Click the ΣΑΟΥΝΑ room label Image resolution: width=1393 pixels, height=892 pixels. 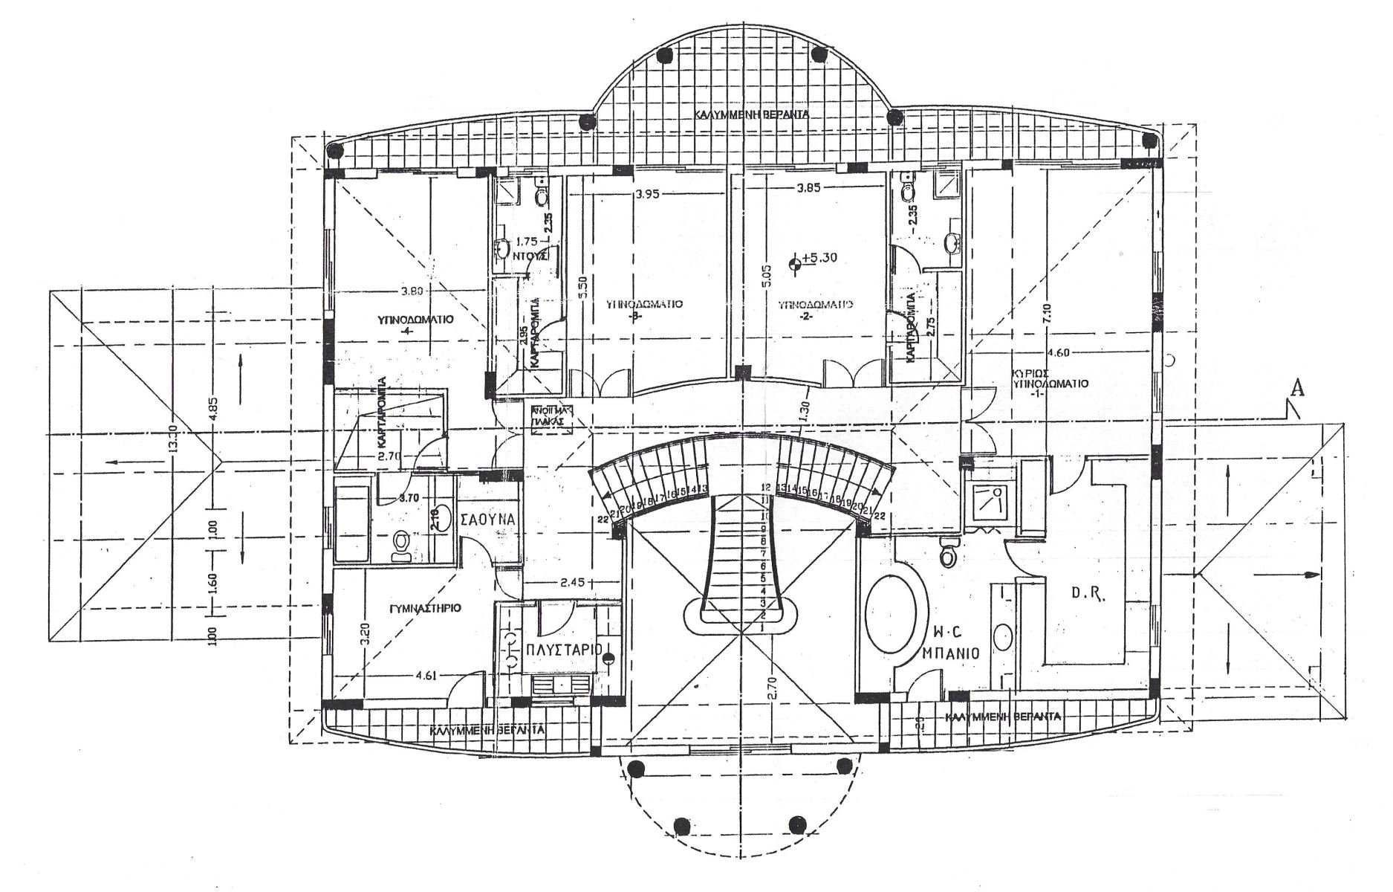(488, 520)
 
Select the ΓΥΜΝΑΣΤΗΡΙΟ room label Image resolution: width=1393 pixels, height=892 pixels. (425, 608)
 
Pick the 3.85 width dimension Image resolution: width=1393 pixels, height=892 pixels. (808, 188)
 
